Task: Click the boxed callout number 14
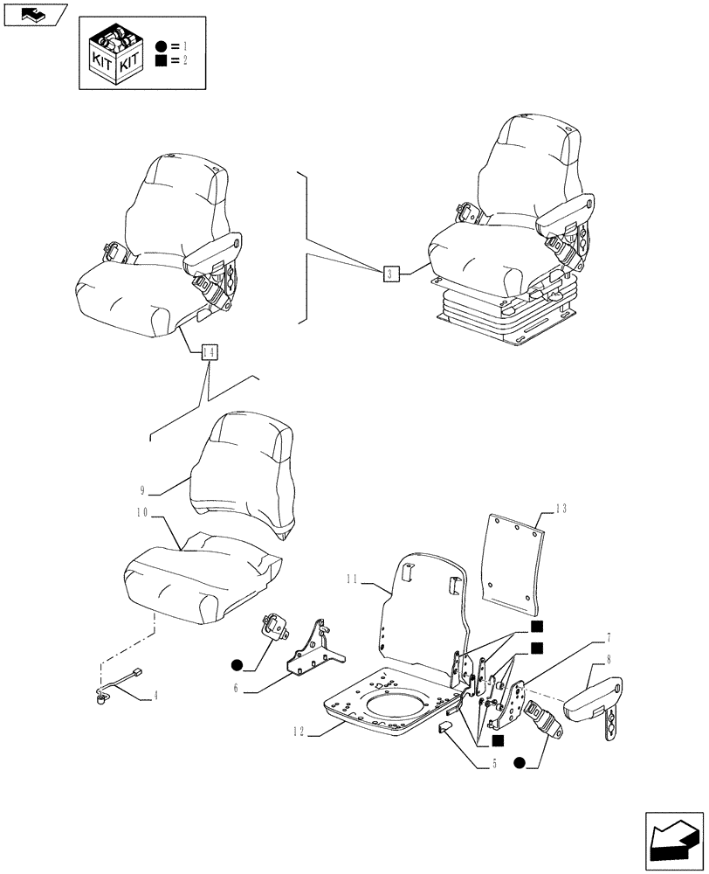(x=208, y=352)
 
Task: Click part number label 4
(x=155, y=696)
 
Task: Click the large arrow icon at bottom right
(x=673, y=840)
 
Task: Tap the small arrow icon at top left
(x=34, y=14)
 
